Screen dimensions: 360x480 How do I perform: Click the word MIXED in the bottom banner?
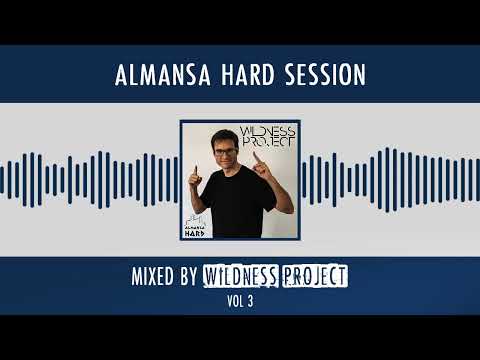coord(156,275)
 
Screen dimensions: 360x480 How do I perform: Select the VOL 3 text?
coord(240,299)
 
